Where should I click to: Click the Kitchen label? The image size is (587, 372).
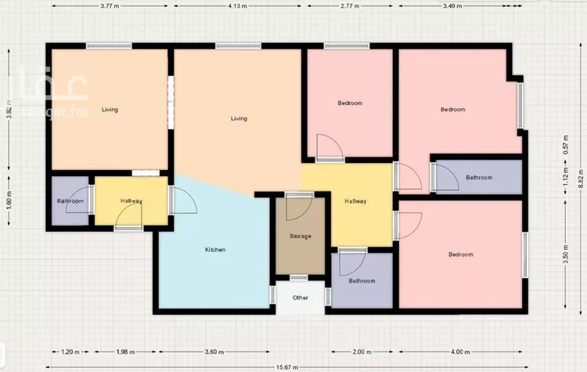click(215, 250)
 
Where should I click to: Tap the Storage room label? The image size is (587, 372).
click(301, 236)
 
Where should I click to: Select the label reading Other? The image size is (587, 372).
click(301, 298)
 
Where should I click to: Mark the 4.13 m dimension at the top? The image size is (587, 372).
click(239, 5)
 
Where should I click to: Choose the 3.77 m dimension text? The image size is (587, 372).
click(110, 5)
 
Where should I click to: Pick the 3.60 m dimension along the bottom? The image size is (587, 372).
click(215, 352)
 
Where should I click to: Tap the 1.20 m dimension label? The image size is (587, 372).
click(71, 352)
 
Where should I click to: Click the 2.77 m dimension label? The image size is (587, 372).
click(350, 5)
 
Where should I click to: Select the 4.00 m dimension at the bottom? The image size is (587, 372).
click(461, 352)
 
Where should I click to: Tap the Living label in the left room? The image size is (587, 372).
click(110, 110)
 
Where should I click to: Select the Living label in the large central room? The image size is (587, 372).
click(239, 119)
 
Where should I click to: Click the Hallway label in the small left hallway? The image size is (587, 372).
click(131, 201)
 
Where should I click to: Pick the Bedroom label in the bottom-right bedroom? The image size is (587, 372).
click(461, 255)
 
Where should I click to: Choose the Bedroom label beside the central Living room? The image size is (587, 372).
click(350, 103)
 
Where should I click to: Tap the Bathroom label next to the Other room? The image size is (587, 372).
click(362, 280)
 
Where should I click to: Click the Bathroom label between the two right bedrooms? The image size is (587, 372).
click(479, 178)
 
